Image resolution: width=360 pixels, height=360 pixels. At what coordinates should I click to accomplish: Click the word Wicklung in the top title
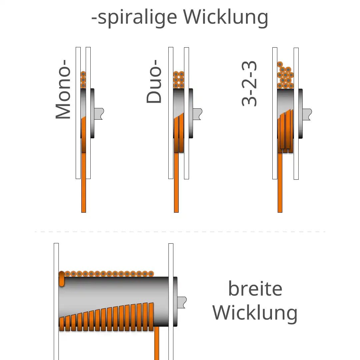(225, 17)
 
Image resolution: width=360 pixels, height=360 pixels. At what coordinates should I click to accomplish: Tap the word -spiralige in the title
(134, 17)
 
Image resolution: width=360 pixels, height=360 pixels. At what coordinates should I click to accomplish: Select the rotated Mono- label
(63, 89)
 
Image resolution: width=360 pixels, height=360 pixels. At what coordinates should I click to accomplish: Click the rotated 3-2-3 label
(249, 84)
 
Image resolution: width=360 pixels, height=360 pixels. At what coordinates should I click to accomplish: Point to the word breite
(255, 288)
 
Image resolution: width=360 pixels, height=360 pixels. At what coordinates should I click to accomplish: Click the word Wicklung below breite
(255, 313)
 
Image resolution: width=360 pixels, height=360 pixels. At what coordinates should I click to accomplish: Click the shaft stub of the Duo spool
(197, 114)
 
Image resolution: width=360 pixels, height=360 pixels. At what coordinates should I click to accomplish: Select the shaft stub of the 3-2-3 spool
(307, 114)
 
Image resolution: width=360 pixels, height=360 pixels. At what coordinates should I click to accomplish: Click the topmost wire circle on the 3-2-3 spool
(280, 64)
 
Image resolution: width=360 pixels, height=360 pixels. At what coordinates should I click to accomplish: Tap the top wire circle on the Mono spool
(83, 74)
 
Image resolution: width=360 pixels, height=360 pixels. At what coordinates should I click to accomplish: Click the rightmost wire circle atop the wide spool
(151, 274)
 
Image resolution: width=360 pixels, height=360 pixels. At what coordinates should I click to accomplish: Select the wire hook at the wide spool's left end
(62, 279)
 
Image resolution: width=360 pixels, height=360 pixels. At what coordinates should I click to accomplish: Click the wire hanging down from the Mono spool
(84, 183)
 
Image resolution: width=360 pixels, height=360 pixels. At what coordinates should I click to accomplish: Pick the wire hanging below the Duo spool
(176, 183)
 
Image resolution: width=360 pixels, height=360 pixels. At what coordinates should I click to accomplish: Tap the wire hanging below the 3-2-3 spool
(280, 183)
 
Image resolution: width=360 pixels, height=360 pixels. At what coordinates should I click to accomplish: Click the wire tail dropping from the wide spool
(157, 343)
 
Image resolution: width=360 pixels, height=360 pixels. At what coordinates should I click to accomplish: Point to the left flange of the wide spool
(56, 301)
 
